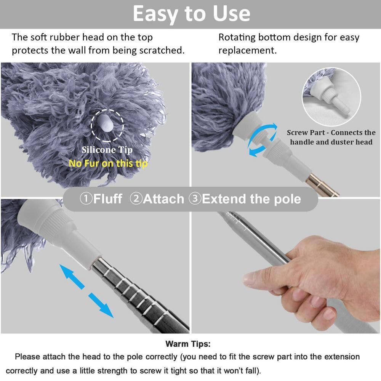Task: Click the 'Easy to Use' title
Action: click(191, 14)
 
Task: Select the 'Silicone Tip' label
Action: click(107, 150)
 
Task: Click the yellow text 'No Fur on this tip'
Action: click(108, 163)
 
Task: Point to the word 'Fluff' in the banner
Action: click(108, 199)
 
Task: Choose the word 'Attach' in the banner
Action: click(163, 199)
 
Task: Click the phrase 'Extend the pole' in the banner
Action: click(251, 199)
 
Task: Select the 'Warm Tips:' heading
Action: click(187, 344)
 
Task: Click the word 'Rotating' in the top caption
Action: click(237, 37)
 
